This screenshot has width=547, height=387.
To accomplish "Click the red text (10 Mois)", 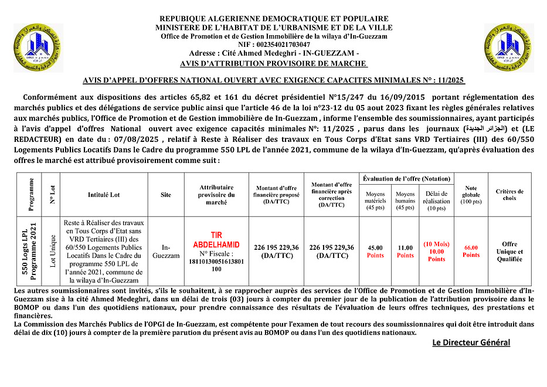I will tap(436, 244).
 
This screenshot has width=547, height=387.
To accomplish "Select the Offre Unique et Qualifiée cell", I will tap(509, 252).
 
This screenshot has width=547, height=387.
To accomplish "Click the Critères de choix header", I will tap(509, 194).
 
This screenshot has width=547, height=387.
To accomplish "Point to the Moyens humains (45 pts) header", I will tap(405, 200).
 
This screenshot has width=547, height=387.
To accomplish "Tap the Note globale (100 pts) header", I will tap(471, 194).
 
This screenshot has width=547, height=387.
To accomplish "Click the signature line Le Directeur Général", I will tap(471, 342).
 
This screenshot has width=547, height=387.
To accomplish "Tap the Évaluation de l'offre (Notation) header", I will tap(407, 178).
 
